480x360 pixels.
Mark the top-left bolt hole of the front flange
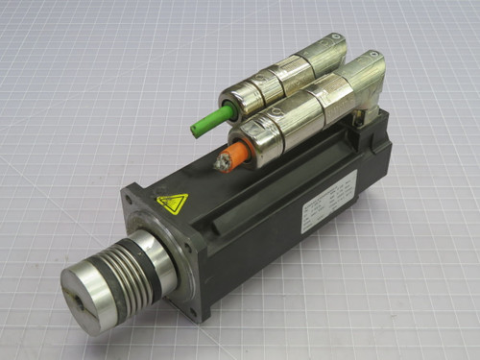click(x=129, y=199)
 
